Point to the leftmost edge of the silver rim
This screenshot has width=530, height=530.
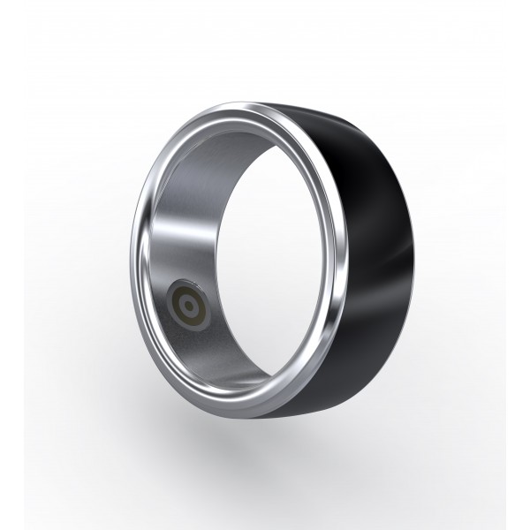[131, 265]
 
